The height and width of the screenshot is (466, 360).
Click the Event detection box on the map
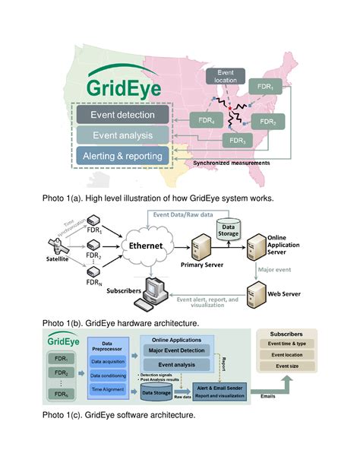123,116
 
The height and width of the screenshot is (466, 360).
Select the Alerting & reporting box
123,157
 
